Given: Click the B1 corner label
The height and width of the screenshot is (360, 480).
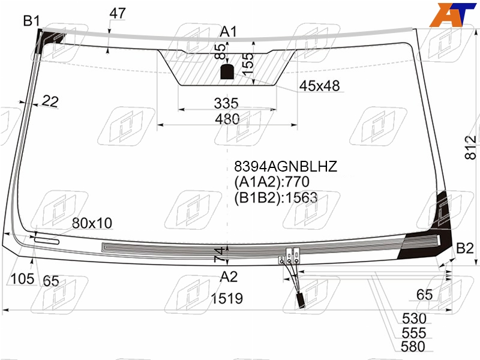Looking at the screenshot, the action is click(32, 21).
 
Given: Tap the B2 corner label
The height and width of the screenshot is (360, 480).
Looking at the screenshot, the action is click(464, 248).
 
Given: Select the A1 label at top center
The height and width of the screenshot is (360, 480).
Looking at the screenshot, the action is click(229, 32).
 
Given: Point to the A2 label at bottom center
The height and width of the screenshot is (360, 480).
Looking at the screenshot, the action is click(229, 277).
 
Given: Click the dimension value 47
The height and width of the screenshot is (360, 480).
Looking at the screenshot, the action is click(118, 13).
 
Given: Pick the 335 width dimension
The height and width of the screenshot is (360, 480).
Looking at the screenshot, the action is click(226, 103).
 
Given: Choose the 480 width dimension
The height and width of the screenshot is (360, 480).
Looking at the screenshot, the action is click(227, 119).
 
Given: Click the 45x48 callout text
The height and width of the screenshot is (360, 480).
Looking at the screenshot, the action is click(319, 86).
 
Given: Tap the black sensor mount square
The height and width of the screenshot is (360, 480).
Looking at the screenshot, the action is click(227, 72).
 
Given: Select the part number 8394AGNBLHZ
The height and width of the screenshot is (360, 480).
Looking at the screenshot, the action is click(286, 167).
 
